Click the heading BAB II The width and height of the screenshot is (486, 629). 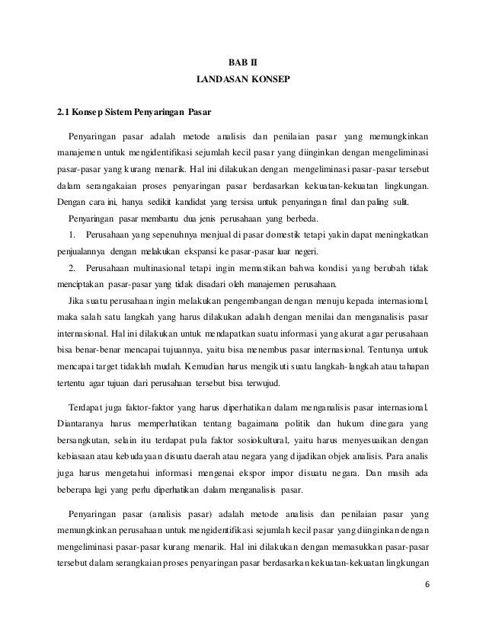click(x=244, y=62)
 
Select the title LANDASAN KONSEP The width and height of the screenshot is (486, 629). click(x=243, y=79)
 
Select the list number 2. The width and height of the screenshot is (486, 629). click(x=72, y=269)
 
